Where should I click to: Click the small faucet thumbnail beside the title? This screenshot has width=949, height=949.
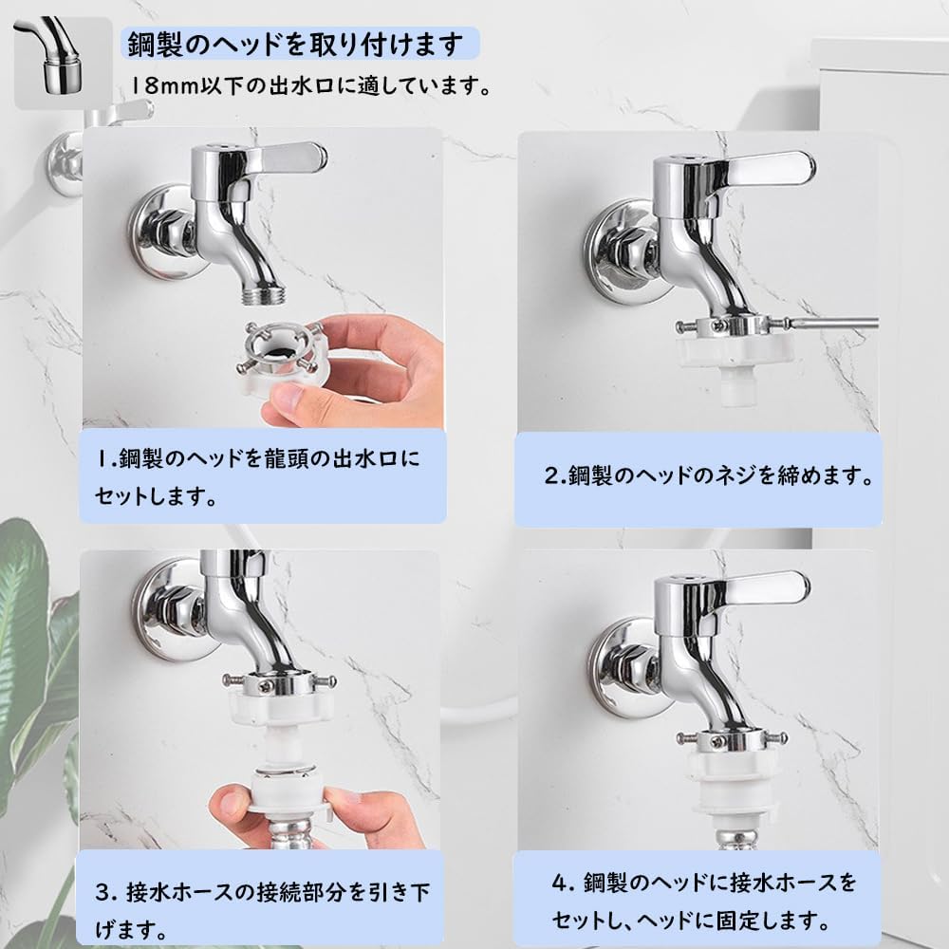coord(63,63)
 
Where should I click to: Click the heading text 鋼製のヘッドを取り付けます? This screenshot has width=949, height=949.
coord(295,45)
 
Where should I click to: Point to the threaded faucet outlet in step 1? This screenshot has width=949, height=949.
coord(260,295)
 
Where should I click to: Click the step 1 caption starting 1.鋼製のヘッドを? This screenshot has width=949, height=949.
coord(256,477)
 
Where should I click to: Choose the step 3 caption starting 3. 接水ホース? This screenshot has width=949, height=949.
coord(262,911)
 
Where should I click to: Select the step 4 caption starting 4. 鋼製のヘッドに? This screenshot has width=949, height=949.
coord(704,902)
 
